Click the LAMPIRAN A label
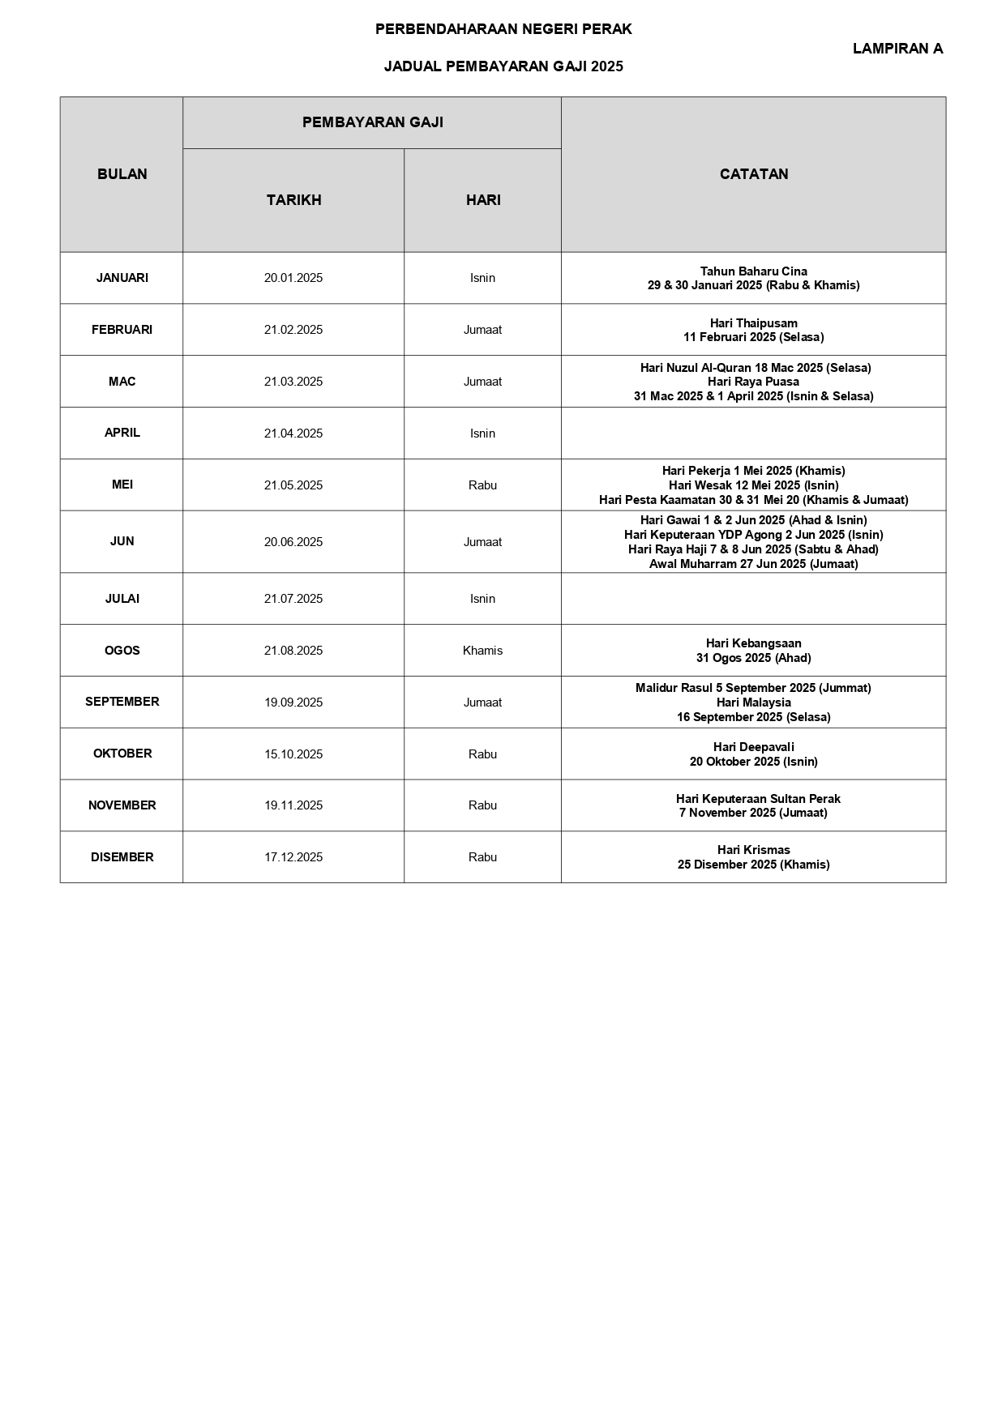pos(897,49)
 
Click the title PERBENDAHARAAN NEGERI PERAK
pos(503,29)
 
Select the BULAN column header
pos(122,174)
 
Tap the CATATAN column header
pos(754,174)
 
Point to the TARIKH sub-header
pos(294,200)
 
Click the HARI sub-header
pos(483,200)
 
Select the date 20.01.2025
pos(293,278)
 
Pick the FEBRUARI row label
pos(122,330)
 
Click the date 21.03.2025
pos(293,382)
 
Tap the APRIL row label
pos(122,433)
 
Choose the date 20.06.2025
pos(293,542)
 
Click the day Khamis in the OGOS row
pos(482,651)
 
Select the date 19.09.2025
pos(293,702)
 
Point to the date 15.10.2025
pos(293,754)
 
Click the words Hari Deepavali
pos(754,747)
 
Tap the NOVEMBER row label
pos(122,805)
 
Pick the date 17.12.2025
pos(293,857)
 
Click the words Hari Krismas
pos(754,850)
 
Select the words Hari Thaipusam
pos(754,323)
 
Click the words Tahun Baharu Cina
pos(754,271)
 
